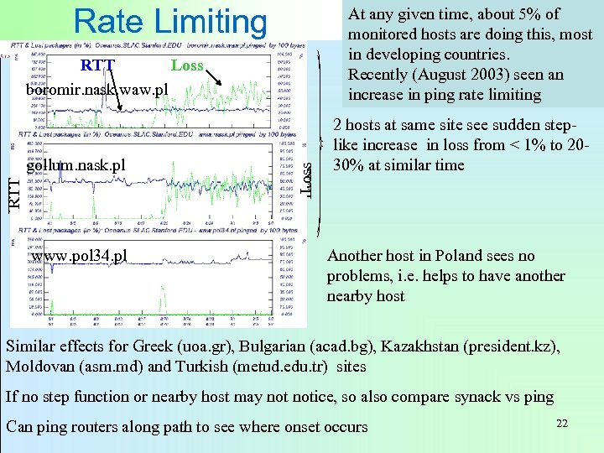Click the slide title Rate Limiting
(170, 22)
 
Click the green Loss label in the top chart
(186, 65)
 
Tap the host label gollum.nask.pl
(75, 164)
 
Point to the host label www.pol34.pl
(80, 255)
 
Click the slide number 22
(562, 423)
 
